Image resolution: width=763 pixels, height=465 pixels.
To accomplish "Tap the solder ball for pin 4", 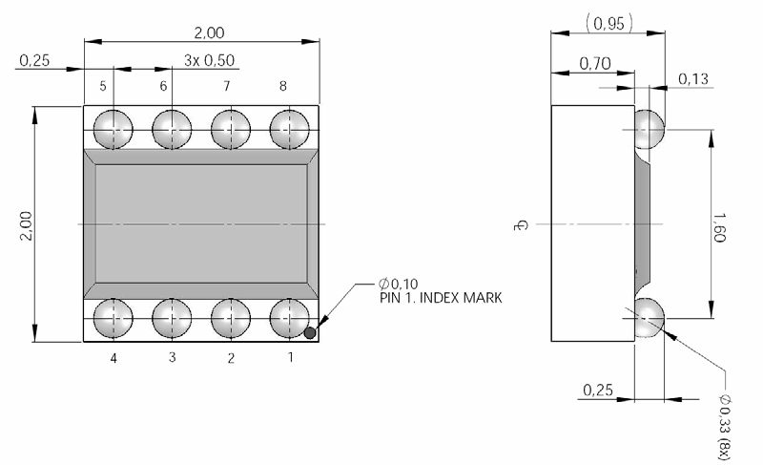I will tap(113, 317).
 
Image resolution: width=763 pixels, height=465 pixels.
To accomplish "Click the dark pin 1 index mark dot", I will tap(311, 332).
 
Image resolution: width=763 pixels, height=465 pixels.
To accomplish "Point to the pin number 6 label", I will tap(163, 86).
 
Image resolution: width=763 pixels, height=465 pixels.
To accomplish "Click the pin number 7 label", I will tap(226, 86).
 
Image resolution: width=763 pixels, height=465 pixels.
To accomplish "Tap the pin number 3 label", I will tap(172, 358).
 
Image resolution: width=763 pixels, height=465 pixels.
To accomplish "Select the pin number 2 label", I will tap(230, 358).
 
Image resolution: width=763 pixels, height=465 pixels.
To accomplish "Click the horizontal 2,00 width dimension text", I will tap(208, 32).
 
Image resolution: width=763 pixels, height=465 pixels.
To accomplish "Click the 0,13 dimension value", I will tap(692, 78).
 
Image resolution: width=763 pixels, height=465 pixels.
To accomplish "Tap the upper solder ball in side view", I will tap(649, 128).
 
